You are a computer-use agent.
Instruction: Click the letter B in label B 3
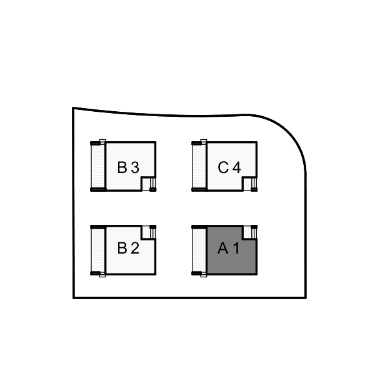click(122, 167)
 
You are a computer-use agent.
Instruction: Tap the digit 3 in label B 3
click(135, 167)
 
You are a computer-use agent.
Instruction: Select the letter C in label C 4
click(223, 167)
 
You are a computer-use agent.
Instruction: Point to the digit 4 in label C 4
click(237, 167)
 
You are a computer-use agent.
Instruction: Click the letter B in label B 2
click(122, 248)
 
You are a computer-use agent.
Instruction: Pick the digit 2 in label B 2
click(135, 248)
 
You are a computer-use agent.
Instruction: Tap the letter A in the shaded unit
click(223, 248)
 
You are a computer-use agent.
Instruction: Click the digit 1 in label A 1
click(236, 248)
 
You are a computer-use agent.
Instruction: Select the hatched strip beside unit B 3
click(98, 166)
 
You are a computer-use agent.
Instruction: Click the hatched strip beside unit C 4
click(199, 166)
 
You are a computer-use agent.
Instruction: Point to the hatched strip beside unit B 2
click(98, 250)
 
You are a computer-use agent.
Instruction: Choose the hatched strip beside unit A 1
click(199, 250)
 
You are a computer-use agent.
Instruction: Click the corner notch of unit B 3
click(149, 184)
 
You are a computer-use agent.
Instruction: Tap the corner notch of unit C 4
click(250, 184)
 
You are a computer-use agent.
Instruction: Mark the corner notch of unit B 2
click(149, 232)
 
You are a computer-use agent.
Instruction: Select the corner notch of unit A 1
click(250, 232)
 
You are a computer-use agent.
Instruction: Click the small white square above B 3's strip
click(102, 142)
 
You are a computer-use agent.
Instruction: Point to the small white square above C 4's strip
click(204, 142)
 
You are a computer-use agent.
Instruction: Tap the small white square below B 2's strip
click(102, 275)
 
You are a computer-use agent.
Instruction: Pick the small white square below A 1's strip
click(204, 275)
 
